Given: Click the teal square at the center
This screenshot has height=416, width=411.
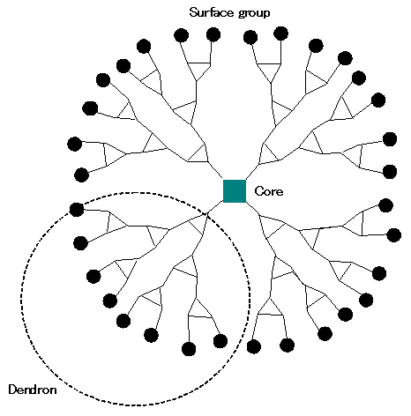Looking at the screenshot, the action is pyautogui.click(x=235, y=191).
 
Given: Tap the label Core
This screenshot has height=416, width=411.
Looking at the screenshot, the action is pyautogui.click(x=269, y=191).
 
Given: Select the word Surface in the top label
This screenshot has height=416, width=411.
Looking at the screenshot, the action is pyautogui.click(x=212, y=12).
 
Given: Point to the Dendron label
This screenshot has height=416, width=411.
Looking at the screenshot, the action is pyautogui.click(x=33, y=390).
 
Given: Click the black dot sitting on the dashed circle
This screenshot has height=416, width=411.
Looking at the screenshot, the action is pyautogui.click(x=77, y=210).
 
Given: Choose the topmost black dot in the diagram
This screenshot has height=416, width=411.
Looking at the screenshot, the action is pyautogui.click(x=280, y=33).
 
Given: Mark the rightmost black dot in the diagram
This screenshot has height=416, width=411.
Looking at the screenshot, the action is pyautogui.click(x=394, y=235).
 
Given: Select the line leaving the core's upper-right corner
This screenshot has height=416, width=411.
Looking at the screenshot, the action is pyautogui.click(x=252, y=172).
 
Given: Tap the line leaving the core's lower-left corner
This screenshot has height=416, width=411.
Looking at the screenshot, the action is pyautogui.click(x=215, y=208).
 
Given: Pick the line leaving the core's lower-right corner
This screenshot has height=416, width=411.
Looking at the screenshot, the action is pyautogui.click(x=252, y=208).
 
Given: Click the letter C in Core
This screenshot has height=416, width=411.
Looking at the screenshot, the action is pyautogui.click(x=258, y=191).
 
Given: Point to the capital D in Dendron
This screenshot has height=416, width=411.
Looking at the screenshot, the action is pyautogui.click(x=12, y=390).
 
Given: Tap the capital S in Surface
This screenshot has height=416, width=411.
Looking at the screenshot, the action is pyautogui.click(x=194, y=12).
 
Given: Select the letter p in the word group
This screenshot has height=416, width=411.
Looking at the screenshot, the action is pyautogui.click(x=266, y=15).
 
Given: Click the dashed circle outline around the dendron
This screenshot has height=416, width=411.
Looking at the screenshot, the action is pyautogui.click(x=21, y=297).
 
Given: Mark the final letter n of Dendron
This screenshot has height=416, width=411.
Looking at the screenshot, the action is pyautogui.click(x=53, y=391).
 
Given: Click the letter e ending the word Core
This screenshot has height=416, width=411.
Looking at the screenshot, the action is pyautogui.click(x=280, y=192).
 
